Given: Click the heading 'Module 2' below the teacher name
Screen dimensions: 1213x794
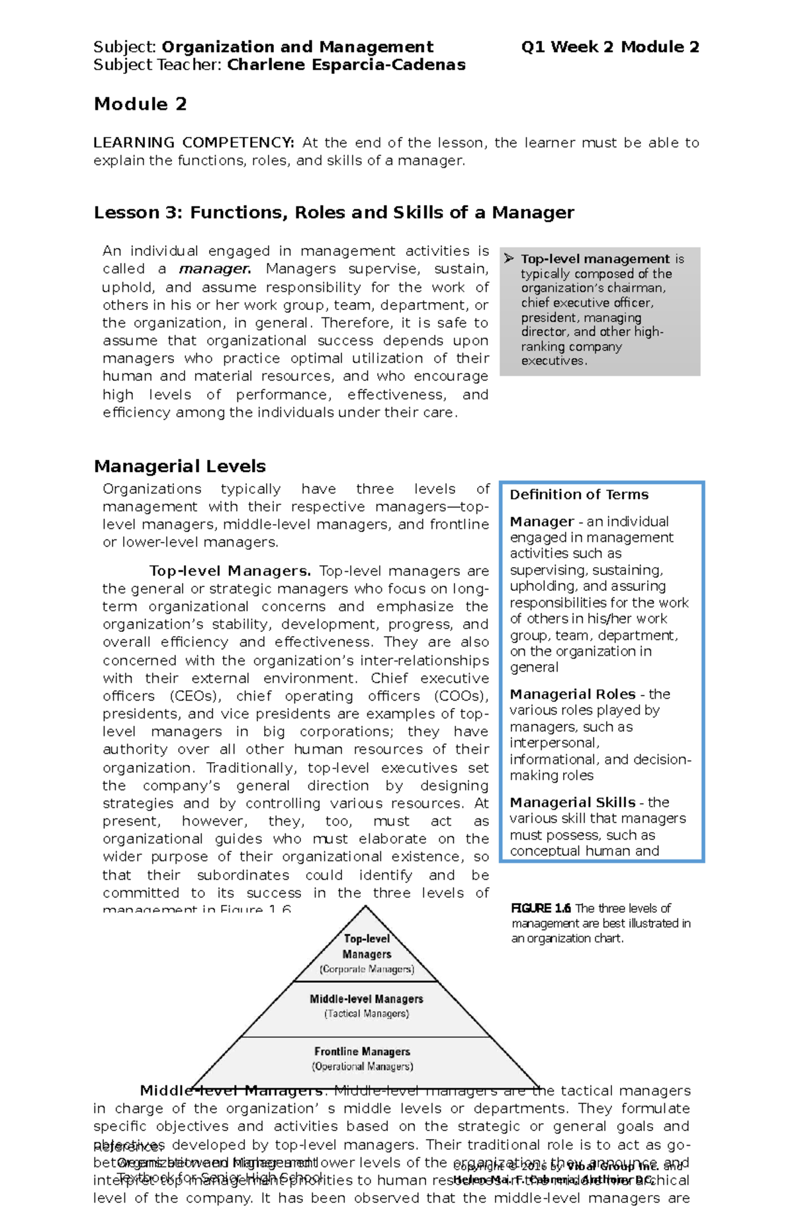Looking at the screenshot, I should click(x=140, y=104).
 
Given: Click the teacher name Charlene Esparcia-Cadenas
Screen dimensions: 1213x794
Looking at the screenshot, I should click(x=346, y=65).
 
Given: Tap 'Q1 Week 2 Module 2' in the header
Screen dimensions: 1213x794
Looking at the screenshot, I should click(x=609, y=47).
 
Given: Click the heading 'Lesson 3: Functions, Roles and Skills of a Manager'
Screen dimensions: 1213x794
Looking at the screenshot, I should click(x=333, y=212).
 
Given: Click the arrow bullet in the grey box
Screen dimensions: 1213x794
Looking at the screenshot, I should click(x=509, y=258).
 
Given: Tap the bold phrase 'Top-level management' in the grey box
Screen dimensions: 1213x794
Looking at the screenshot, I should click(x=595, y=259).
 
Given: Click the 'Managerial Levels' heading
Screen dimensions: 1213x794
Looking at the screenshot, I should click(x=179, y=466).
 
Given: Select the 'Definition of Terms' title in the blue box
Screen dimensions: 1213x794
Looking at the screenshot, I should click(x=578, y=494).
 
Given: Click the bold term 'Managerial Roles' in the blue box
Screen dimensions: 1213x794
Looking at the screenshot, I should click(x=572, y=694).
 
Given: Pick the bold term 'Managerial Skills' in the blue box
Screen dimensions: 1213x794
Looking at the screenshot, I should click(x=572, y=802).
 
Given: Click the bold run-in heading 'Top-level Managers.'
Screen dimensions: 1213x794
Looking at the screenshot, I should click(x=230, y=570).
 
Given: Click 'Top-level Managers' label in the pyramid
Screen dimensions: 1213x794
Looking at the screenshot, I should click(x=367, y=946).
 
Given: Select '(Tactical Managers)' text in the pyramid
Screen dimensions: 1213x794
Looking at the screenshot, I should click(x=367, y=1013).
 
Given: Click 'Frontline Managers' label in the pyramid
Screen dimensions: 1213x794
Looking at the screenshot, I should click(x=362, y=1051).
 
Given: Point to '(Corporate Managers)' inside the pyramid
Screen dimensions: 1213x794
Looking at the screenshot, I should click(x=367, y=969).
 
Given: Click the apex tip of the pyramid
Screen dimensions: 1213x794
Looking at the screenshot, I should click(x=366, y=906).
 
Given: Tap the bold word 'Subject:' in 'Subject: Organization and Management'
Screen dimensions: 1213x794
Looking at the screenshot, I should click(x=124, y=47).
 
